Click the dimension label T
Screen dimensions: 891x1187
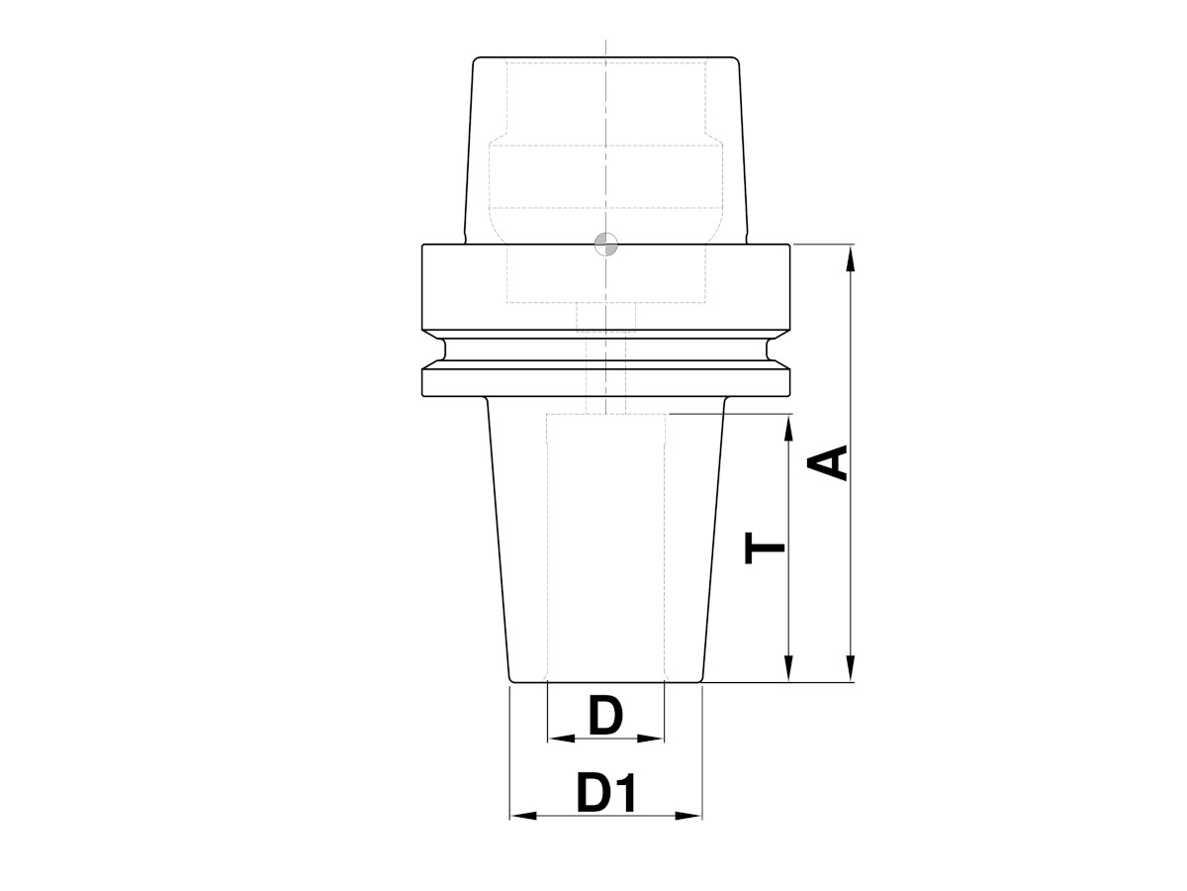[x=766, y=547]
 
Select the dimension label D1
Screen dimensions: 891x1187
[x=604, y=794]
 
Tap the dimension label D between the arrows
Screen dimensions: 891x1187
[x=604, y=716]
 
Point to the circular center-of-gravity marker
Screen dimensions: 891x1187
[x=605, y=244]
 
